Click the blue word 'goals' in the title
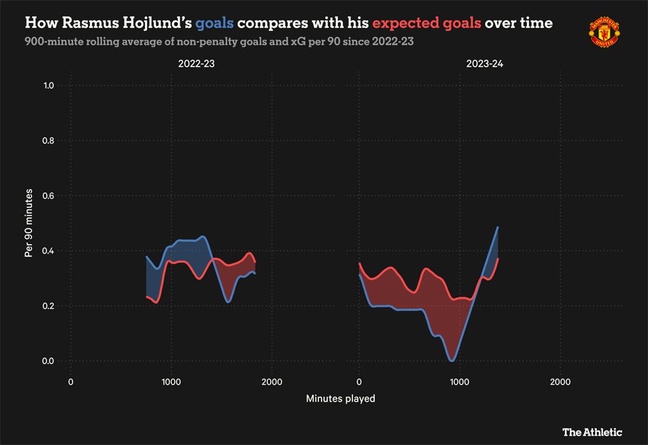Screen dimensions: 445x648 215,23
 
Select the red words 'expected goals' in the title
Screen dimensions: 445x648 427,23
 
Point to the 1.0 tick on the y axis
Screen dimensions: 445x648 47,86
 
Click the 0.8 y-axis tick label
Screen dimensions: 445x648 47,141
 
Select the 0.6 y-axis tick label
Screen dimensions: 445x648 47,196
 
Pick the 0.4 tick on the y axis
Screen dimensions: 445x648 47,251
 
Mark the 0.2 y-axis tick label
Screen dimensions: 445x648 47,306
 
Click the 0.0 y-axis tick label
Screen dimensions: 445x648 47,361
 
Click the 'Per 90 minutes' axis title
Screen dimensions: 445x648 28,223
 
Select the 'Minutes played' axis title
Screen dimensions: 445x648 340,398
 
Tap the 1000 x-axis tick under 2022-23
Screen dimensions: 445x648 170,382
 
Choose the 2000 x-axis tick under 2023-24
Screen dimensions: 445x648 560,382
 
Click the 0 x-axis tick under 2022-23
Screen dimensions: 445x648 70,382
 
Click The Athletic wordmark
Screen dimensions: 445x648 592,432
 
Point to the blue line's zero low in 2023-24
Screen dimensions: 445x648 451,360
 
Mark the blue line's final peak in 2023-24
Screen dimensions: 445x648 498,228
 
